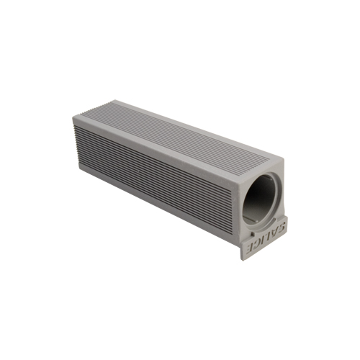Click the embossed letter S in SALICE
(x=282, y=227)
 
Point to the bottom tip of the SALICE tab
(x=242, y=261)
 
